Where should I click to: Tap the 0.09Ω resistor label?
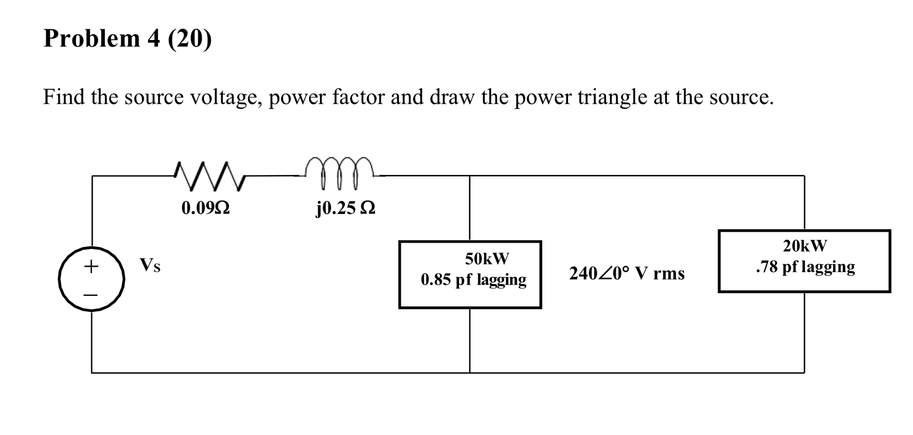point(205,208)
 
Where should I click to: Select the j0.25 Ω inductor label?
point(345,208)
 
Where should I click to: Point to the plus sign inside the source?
point(91,266)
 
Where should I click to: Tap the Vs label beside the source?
point(150,265)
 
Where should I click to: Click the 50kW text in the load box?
point(487,259)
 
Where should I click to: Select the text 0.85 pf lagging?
point(473,280)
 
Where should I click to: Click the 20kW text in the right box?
point(805,246)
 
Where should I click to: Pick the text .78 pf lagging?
point(805,267)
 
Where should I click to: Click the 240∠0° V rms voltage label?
point(627,274)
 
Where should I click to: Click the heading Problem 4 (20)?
point(128,38)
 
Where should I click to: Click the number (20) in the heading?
point(189,38)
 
